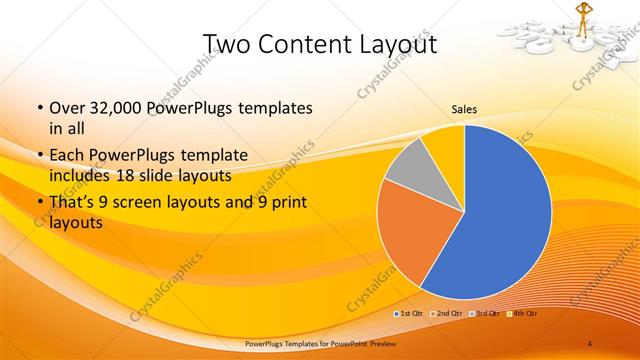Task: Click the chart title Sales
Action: pos(463,109)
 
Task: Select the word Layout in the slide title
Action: pos(395,44)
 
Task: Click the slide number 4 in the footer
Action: pos(589,344)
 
